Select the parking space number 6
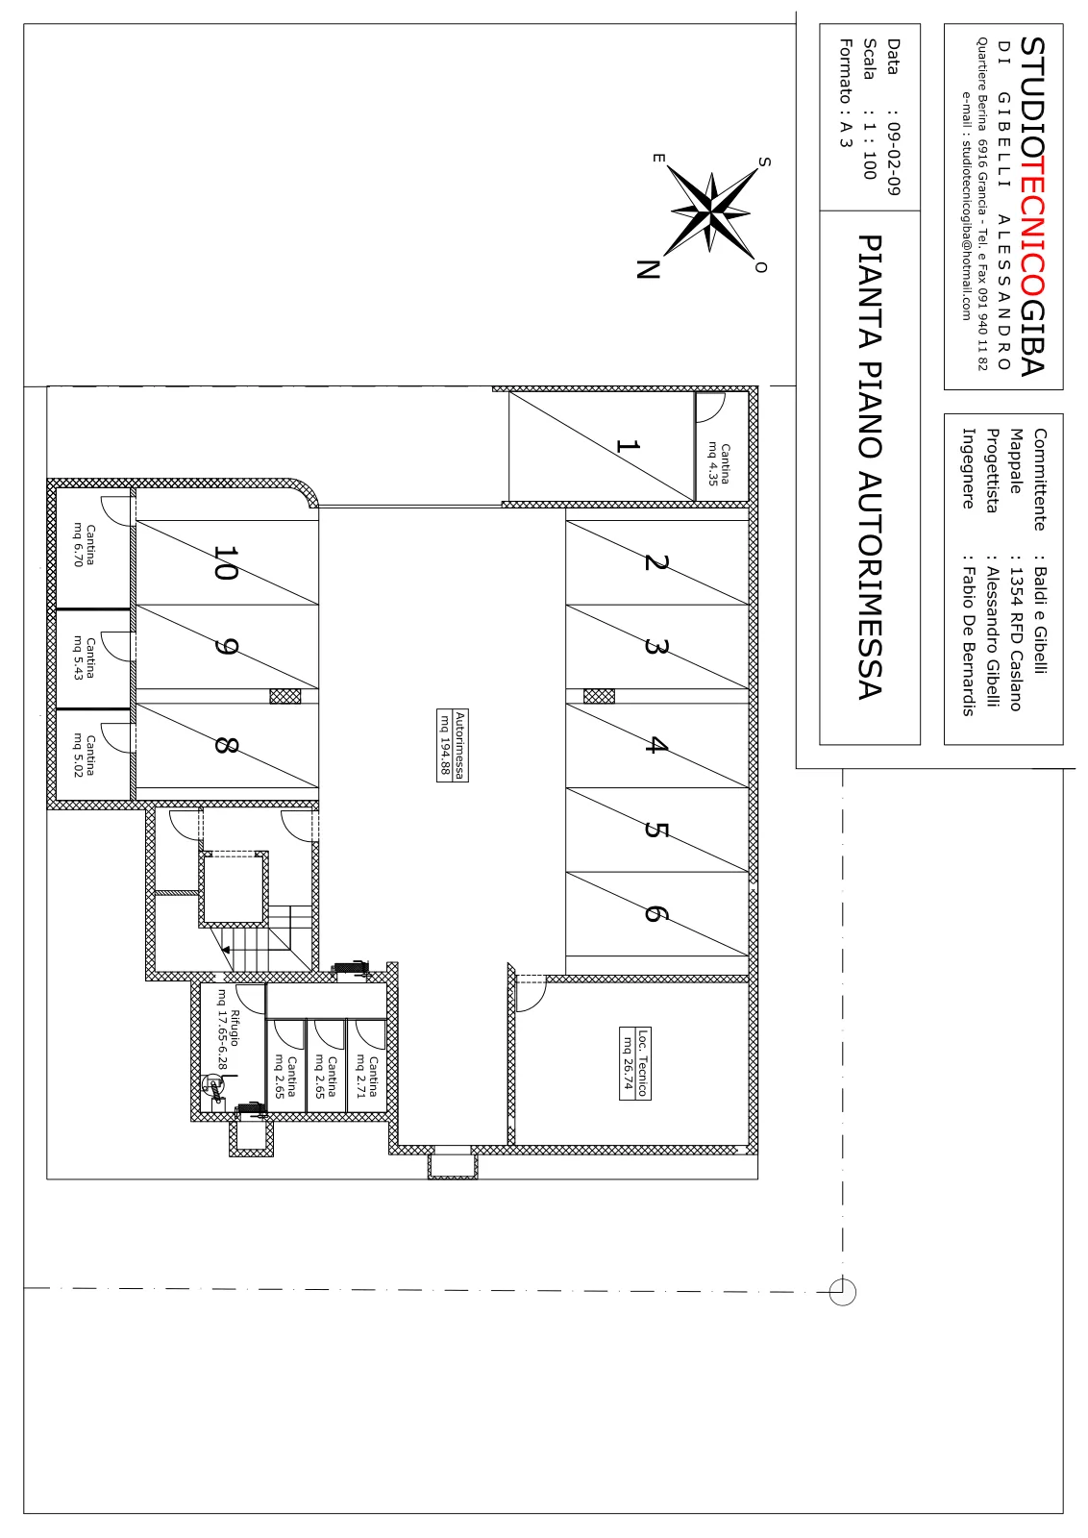655,913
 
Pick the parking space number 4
655,745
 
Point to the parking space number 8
226,745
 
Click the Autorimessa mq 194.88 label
453,745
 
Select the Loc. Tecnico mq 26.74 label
635,1063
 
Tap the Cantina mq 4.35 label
719,464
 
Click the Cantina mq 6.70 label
85,545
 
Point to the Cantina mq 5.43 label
85,657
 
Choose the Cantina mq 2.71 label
367,1077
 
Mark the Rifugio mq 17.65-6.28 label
228,1029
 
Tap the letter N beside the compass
647,269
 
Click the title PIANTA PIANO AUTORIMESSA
870,467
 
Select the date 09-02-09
893,158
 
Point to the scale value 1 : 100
870,150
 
